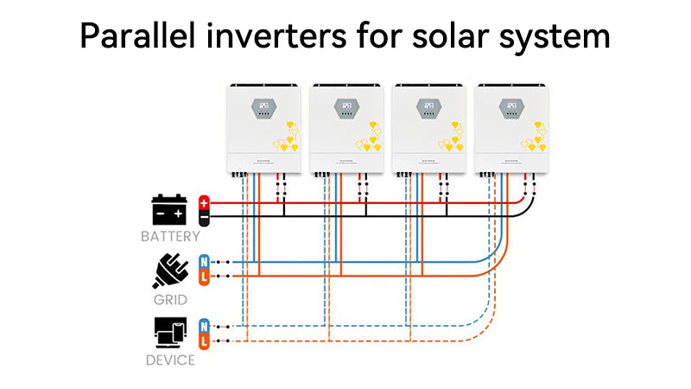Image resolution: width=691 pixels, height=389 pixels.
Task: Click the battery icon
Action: point(170,210)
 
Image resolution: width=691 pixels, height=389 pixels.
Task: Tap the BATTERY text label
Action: point(170,236)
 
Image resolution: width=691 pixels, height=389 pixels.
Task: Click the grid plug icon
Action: point(170,270)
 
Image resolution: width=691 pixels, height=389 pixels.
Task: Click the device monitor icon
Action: point(170,333)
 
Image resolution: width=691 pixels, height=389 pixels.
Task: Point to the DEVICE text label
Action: point(170,360)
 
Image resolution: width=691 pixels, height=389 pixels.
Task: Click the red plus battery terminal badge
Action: point(205,203)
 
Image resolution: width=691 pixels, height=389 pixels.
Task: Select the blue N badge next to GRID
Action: point(204,262)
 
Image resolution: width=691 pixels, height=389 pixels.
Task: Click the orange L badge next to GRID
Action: point(204,276)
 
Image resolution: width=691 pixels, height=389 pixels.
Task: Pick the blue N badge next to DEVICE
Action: point(204,326)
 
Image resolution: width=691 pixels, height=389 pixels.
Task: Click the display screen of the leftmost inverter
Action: point(263,109)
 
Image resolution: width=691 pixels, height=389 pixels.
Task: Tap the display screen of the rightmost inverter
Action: point(510,109)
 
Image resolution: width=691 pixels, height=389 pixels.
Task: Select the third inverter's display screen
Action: point(428,109)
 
